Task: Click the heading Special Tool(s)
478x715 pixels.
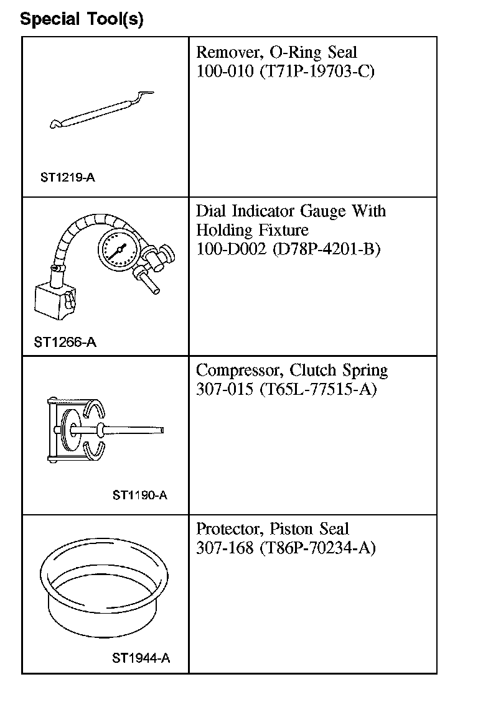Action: click(x=82, y=19)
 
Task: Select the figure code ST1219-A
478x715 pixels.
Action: click(x=67, y=177)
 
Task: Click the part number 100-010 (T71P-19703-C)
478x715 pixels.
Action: click(x=286, y=71)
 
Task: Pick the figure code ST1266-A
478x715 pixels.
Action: click(x=65, y=342)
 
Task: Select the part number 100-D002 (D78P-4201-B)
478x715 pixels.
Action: click(x=288, y=249)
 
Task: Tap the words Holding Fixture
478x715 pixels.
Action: click(x=252, y=231)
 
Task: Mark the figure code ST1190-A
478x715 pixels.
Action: click(x=140, y=495)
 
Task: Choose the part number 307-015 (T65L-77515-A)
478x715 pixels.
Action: click(x=286, y=389)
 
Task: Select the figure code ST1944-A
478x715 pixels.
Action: click(x=141, y=658)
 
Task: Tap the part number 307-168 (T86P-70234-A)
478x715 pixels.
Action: click(x=286, y=548)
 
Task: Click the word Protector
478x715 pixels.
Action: click(x=228, y=529)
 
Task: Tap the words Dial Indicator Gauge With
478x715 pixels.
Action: click(x=291, y=211)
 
